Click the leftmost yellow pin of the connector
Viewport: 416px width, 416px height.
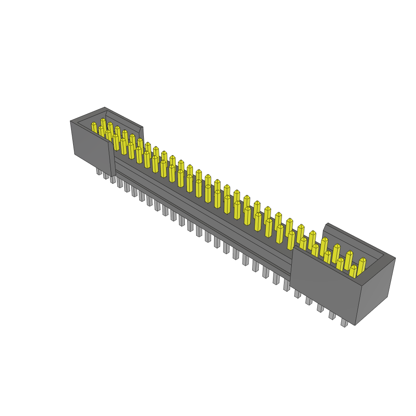tap(94, 128)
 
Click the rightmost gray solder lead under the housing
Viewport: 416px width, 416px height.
tap(344, 323)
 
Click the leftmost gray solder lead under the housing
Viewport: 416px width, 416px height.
tap(99, 171)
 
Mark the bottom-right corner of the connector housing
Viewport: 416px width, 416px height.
tap(355, 325)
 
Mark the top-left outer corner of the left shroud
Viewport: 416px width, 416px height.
tap(71, 121)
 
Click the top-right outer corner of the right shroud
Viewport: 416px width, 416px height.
tap(395, 258)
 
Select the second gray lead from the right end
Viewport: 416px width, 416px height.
tap(332, 315)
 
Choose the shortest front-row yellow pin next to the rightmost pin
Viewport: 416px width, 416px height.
tap(353, 271)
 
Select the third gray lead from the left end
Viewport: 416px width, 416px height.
tap(113, 179)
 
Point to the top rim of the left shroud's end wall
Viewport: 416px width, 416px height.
tap(88, 115)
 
